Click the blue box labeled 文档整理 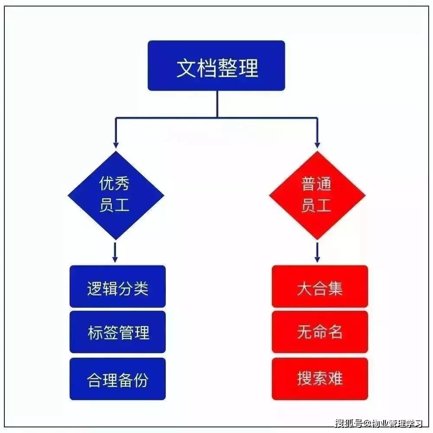[216, 66]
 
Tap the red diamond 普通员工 [317, 195]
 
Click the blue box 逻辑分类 [118, 287]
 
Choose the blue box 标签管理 [118, 332]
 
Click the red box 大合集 [320, 287]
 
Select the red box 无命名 [320, 332]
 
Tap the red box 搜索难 [320, 378]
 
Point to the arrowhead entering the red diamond [317, 145]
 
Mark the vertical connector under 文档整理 [217, 104]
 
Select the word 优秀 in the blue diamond [114, 184]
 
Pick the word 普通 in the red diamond [316, 184]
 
